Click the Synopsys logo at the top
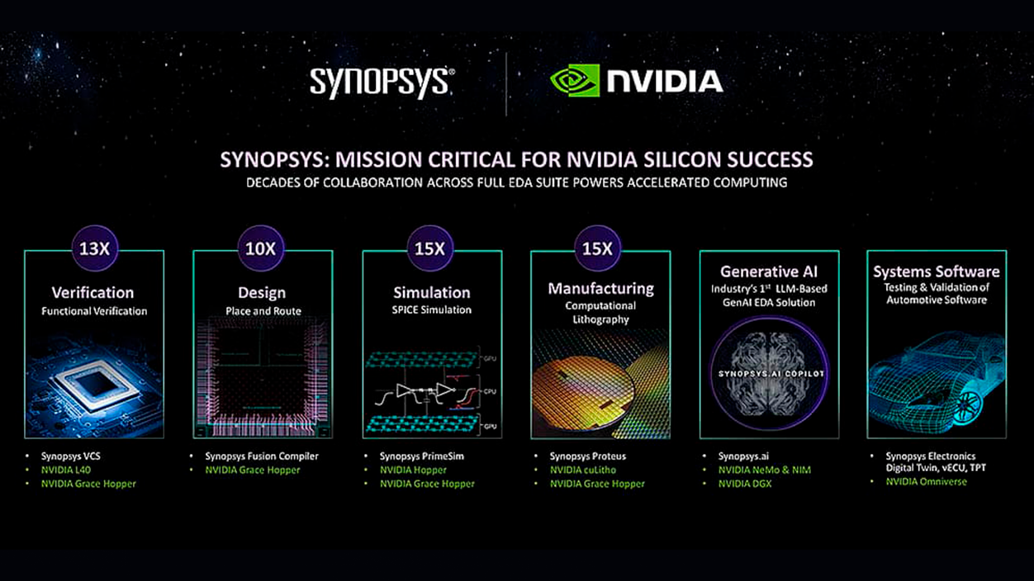point(382,83)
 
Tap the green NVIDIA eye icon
point(575,81)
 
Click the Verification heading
point(92,292)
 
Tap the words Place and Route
point(263,311)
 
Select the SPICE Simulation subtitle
point(432,310)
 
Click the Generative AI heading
point(768,272)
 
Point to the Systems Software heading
point(937,272)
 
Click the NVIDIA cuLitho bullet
point(582,470)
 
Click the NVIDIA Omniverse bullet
point(926,481)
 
